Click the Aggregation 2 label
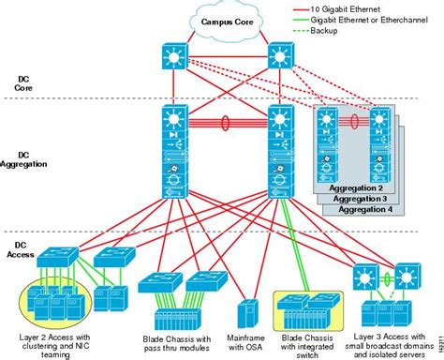pos(359,187)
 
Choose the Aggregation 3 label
pos(363,198)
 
